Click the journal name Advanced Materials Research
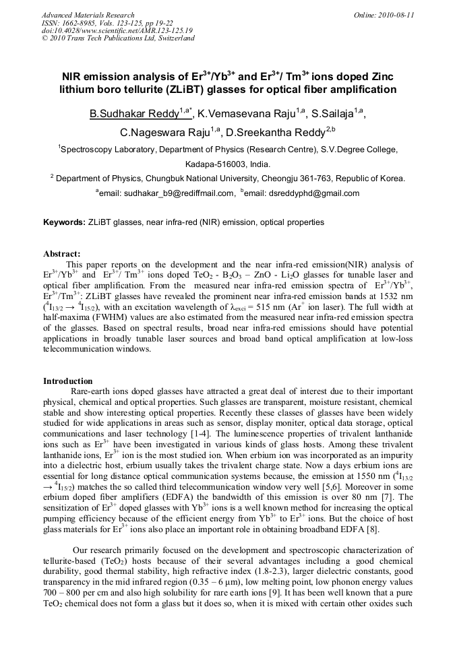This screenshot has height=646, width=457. pos(88,15)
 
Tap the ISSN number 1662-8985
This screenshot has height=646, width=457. pos(84,23)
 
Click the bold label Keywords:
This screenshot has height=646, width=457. pos(65,222)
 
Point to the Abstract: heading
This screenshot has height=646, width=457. pos(62,254)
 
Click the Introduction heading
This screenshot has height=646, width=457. pos(68,381)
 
